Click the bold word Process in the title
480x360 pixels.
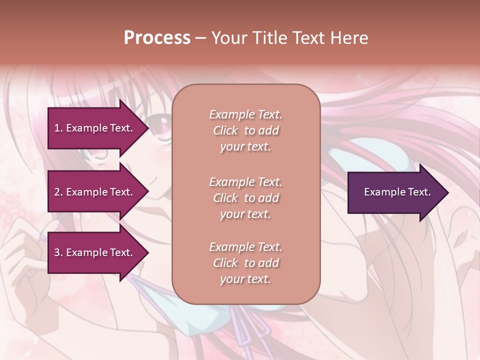pos(157,38)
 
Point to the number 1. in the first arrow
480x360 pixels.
pos(58,128)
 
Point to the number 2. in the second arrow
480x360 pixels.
pos(58,192)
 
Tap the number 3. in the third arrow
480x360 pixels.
pos(58,252)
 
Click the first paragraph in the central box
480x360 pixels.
pos(245,130)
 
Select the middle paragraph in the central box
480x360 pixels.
pos(245,198)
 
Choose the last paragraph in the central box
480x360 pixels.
pos(245,263)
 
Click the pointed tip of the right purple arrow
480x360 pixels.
pos(447,192)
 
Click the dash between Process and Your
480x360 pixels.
pos(200,38)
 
